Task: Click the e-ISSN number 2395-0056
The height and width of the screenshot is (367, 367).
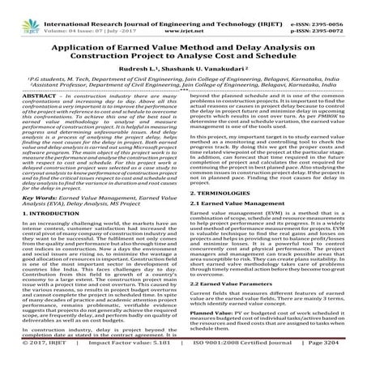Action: (x=343, y=6)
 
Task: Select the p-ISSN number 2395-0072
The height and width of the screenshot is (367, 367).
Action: (x=343, y=15)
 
